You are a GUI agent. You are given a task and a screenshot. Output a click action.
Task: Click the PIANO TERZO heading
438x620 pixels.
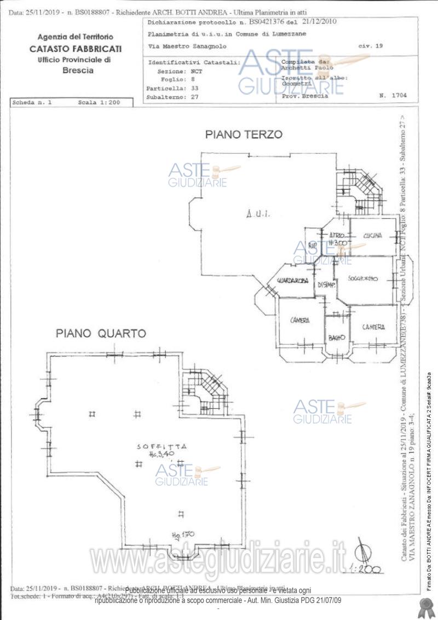tap(244, 134)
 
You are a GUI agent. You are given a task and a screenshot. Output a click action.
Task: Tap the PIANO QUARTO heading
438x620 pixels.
tap(101, 333)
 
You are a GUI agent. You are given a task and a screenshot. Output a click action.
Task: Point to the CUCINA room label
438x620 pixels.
tap(372, 236)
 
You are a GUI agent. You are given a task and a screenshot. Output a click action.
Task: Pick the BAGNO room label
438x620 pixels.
tap(336, 337)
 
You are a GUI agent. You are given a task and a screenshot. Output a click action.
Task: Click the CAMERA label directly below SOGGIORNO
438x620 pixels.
tap(373, 327)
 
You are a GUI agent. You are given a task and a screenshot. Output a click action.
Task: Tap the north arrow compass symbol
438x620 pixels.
tap(362, 551)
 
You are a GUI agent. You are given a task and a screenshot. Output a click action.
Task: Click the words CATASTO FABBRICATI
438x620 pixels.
tap(76, 49)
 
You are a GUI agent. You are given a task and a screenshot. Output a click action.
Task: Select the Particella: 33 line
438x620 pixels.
tap(172, 88)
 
